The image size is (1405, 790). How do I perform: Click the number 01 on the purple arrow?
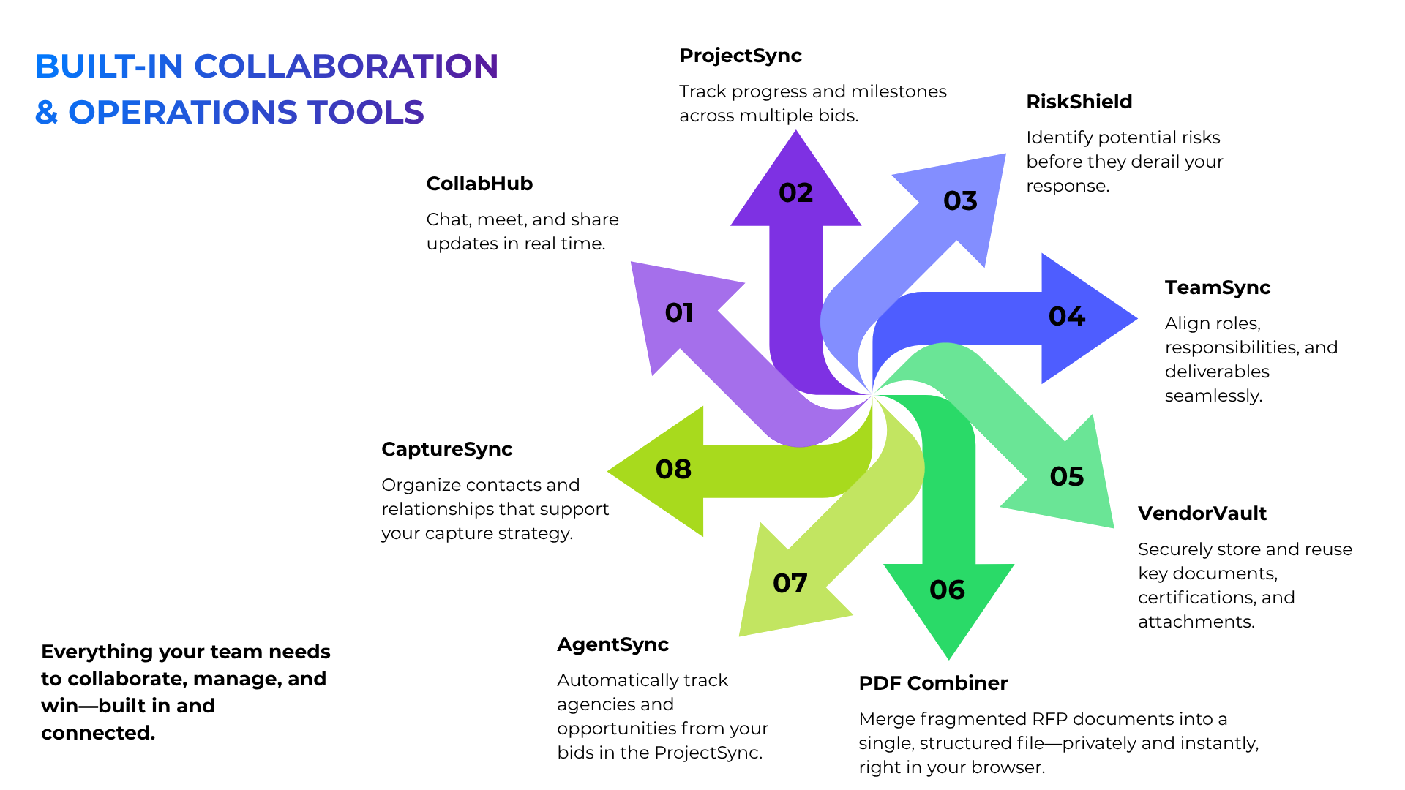click(679, 312)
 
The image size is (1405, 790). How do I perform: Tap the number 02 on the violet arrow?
click(795, 192)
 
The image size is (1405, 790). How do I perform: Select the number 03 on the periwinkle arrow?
click(960, 200)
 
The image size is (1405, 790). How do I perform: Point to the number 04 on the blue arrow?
click(1067, 316)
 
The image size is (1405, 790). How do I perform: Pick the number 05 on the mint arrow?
click(1067, 476)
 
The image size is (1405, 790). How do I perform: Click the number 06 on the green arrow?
click(947, 590)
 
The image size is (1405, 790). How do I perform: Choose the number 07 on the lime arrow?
click(790, 583)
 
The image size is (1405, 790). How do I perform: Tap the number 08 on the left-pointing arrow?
click(673, 469)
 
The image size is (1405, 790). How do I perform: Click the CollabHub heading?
click(479, 184)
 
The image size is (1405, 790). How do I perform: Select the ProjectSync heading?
click(741, 56)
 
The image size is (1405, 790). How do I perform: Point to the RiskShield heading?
click(1079, 102)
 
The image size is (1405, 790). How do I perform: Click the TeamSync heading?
click(1218, 288)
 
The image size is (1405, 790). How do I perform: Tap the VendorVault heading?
click(1202, 513)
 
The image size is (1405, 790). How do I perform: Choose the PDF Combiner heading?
click(933, 683)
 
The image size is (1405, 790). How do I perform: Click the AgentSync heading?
click(613, 645)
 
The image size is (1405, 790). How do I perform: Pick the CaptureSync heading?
click(447, 450)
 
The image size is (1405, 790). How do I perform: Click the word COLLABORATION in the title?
click(346, 66)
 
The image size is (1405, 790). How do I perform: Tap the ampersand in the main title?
click(47, 112)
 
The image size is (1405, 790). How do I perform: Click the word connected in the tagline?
click(98, 733)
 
